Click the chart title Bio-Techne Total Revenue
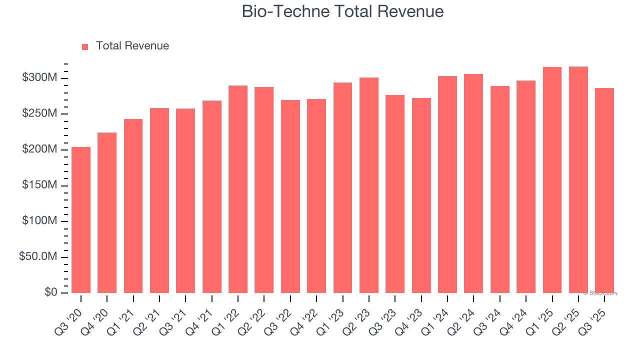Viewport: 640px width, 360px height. click(342, 11)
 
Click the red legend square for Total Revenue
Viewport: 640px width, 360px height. click(85, 46)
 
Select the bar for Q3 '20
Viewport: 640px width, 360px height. click(81, 220)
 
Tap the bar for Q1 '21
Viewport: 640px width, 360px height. click(133, 206)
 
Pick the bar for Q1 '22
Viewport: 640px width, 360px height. click(238, 189)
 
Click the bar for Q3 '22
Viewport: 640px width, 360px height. click(290, 196)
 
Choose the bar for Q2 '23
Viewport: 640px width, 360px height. click(368, 185)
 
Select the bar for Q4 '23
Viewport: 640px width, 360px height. click(421, 195)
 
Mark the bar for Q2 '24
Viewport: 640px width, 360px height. click(473, 183)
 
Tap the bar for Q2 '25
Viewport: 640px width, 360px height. click(578, 179)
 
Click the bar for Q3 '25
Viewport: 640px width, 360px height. click(604, 190)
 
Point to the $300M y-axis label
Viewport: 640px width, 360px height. click(40, 78)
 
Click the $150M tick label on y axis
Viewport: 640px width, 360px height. click(40, 185)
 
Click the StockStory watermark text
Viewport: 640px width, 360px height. click(600, 293)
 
